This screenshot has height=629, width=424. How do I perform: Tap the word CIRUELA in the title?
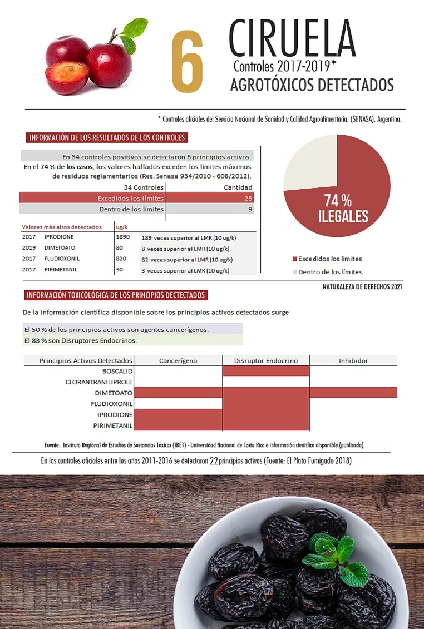292,38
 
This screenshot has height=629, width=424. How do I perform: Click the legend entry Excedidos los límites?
329,259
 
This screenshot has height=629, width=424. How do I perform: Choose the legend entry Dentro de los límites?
329,272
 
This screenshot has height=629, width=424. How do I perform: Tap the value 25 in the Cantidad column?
248,198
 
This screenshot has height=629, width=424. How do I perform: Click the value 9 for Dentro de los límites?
250,209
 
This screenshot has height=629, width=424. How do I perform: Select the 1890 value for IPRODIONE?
122,237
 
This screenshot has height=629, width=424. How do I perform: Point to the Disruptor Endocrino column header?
266,361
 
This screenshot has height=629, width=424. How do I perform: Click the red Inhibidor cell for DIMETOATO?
353,393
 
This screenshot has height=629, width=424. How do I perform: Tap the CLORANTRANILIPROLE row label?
98,382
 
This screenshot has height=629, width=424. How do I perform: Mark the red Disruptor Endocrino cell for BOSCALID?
266,371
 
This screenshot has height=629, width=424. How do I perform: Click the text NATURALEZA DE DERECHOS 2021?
362,287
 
